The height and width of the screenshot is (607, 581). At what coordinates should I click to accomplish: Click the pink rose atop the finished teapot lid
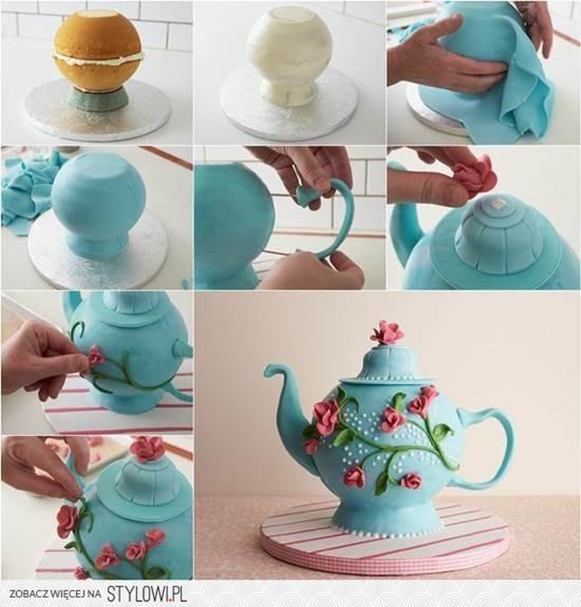386,333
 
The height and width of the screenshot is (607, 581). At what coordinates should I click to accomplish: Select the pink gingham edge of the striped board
384,554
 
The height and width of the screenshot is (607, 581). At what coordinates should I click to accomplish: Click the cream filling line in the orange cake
98,59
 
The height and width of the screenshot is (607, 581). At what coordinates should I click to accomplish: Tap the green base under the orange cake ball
97,100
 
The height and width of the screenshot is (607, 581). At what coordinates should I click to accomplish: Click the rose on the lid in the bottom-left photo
146,448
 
